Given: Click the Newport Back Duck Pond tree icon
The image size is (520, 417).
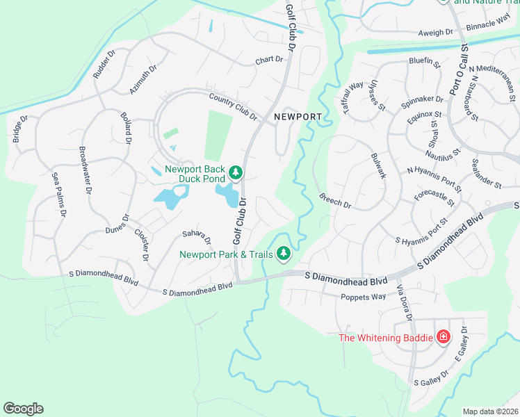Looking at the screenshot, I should pos(236,172).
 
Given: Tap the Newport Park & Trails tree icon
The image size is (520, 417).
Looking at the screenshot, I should pos(283,254).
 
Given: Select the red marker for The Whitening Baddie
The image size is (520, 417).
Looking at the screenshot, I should pos(444,338).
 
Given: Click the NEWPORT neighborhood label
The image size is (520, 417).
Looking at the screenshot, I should pos(297,117).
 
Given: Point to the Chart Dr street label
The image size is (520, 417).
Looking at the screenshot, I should pos(270,60).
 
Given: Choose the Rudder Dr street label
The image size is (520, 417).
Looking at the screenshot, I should pos(104,63).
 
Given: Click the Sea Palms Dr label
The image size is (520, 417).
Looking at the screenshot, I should pos(58,196).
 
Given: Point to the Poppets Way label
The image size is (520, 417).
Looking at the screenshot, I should pos(363,297).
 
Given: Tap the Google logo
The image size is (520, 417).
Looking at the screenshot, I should pos(23,409).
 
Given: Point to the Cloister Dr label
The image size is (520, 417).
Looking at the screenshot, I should pos(141,245).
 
